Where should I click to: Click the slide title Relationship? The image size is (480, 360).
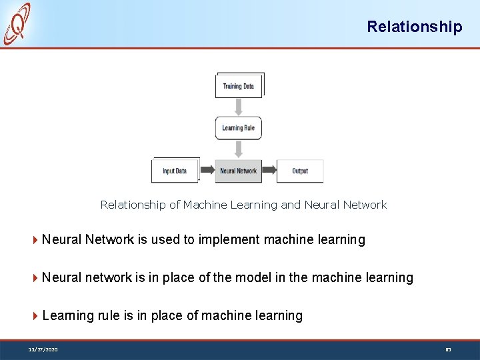tap(414, 27)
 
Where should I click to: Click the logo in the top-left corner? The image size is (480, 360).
tap(17, 24)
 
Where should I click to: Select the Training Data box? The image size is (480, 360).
tap(239, 86)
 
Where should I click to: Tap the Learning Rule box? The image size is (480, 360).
tap(238, 128)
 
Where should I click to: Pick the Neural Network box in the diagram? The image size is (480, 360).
tap(238, 171)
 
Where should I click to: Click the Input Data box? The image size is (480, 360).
tap(175, 171)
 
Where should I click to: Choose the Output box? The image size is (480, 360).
tap(300, 171)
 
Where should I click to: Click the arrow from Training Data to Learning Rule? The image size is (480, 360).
tap(239, 107)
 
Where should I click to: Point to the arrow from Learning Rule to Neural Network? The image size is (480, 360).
tap(239, 149)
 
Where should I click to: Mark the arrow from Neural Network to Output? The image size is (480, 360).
tap(269, 171)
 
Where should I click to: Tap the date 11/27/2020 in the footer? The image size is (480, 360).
tap(43, 349)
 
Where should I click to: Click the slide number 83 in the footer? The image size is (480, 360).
tap(448, 349)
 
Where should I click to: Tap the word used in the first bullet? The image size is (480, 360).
tap(166, 239)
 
